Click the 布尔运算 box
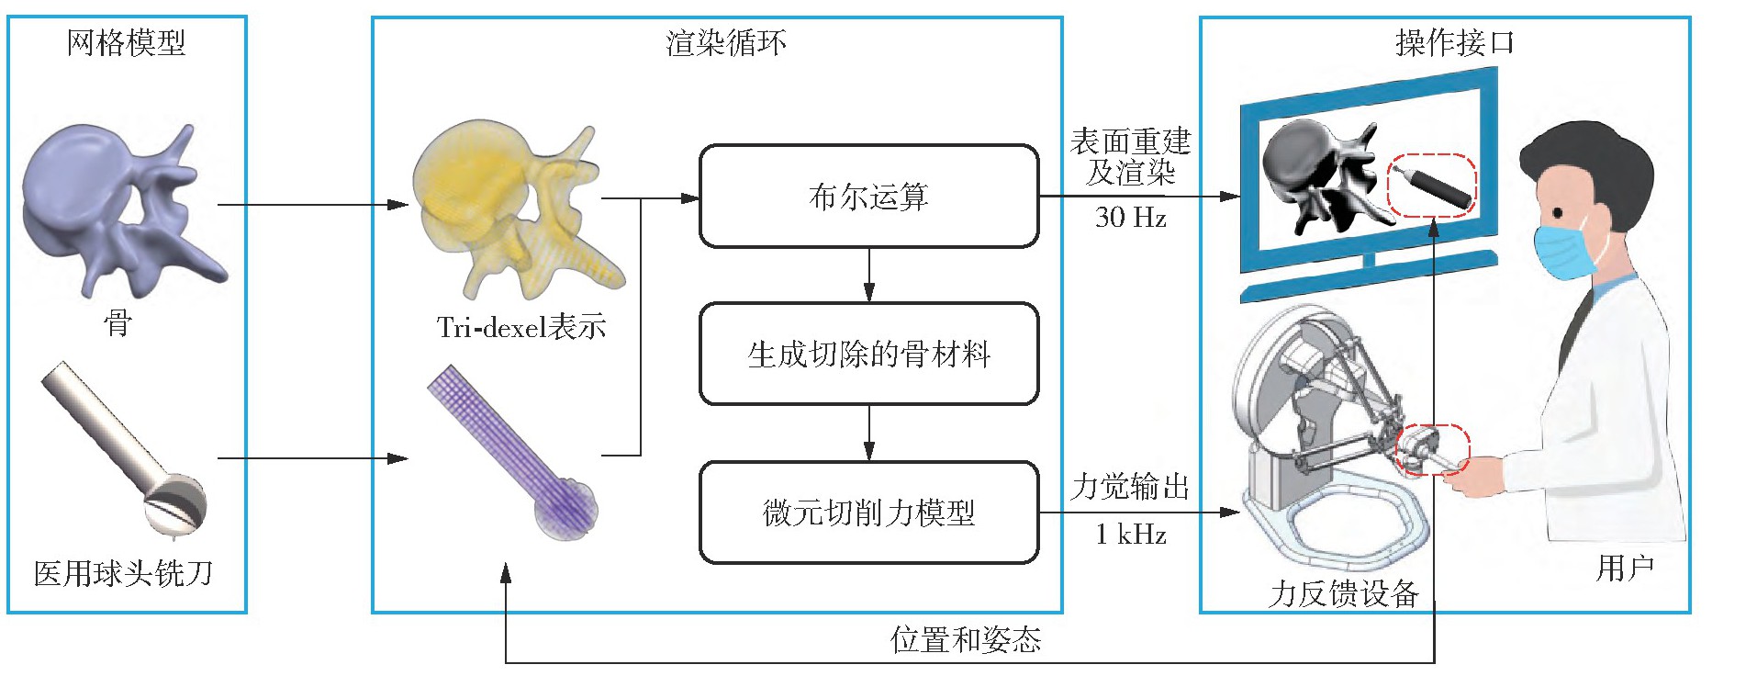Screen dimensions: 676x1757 click(868, 197)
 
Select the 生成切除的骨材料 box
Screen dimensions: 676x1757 click(868, 354)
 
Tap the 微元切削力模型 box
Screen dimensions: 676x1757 click(868, 513)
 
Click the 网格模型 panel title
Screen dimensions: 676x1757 click(126, 42)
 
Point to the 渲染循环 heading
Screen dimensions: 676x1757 click(725, 42)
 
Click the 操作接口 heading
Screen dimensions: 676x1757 click(1454, 42)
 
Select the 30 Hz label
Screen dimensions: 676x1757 click(1130, 218)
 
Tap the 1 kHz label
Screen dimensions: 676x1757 click(1130, 534)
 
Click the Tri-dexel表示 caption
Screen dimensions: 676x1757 click(520, 327)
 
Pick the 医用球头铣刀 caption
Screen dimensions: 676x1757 click(124, 574)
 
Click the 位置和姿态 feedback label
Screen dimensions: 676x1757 click(966, 639)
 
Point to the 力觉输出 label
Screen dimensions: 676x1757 click(1130, 486)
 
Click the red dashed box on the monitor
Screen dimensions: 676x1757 click(1430, 185)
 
